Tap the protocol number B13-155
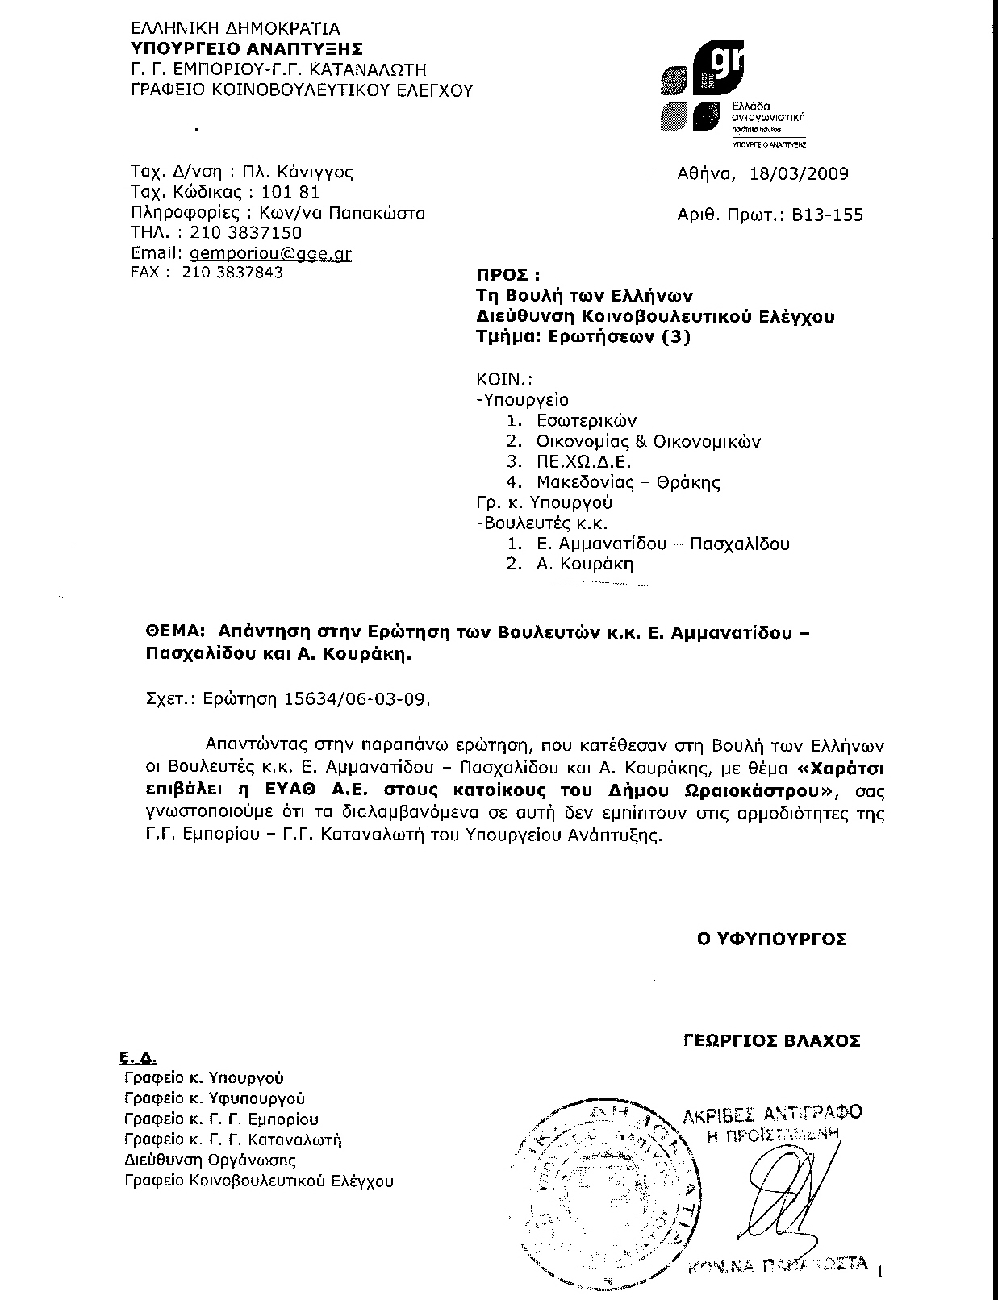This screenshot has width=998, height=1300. tap(829, 215)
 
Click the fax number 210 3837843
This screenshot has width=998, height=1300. tap(233, 273)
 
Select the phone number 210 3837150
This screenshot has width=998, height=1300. tap(245, 233)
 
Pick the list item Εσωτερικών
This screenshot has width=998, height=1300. tap(587, 420)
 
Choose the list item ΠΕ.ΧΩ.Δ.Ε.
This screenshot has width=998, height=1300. tap(583, 462)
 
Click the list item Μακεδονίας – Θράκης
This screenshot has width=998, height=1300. tap(628, 483)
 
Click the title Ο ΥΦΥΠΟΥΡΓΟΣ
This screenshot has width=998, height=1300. tap(772, 939)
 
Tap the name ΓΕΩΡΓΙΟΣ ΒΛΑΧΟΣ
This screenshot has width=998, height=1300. tap(770, 1040)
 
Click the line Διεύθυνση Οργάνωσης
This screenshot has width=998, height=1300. tap(210, 1160)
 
